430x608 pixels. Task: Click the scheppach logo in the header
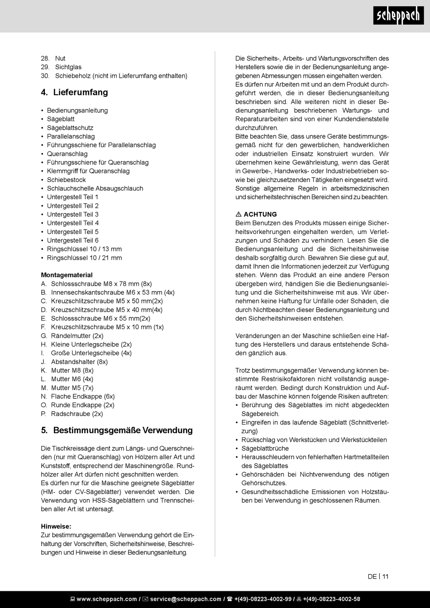point(398,16)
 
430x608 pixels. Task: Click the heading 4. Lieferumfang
point(74,92)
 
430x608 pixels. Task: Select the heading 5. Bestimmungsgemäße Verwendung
point(117,430)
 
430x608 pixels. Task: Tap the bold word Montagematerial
point(67,275)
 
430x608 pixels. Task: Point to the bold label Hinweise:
point(56,526)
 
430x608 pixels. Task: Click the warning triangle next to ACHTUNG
point(239,215)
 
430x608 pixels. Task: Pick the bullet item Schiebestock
point(66,180)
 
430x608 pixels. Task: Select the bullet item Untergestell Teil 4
point(72,223)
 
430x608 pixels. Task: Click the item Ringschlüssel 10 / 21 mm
point(84,258)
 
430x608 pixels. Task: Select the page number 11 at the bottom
point(385,576)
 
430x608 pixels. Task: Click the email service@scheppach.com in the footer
point(186,599)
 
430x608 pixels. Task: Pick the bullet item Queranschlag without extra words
point(67,154)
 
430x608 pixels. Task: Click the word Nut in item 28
point(60,58)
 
